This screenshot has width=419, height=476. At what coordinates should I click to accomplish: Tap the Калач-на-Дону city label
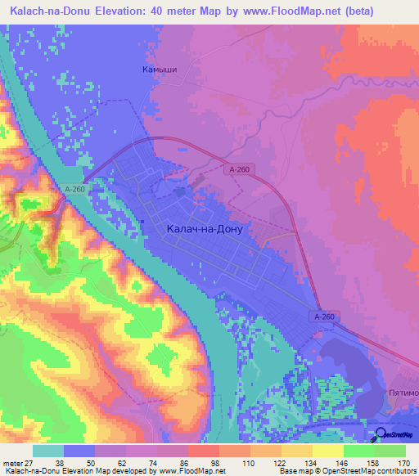pos(205,231)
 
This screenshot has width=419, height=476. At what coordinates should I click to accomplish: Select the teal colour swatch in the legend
pos(48,451)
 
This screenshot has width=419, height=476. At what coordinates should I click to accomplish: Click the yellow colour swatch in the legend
pos(328,451)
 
